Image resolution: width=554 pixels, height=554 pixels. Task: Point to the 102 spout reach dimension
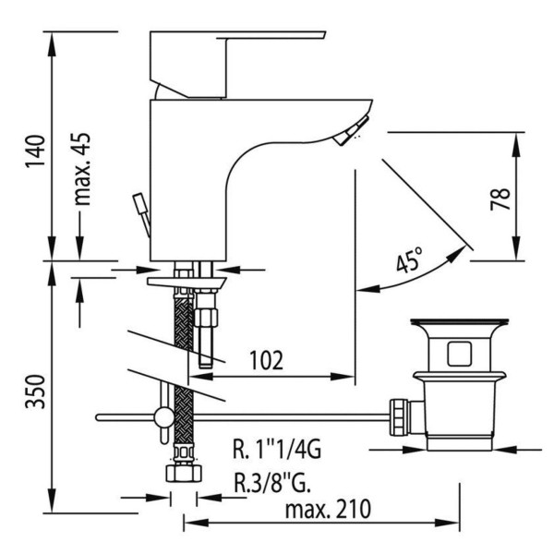pos(264,358)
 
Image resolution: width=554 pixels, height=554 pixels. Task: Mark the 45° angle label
pos(409,261)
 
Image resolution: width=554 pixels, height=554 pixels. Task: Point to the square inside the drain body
pos(458,353)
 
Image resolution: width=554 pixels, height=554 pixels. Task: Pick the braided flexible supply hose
pos(182,369)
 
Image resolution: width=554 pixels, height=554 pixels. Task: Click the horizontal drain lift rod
pos(277,417)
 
